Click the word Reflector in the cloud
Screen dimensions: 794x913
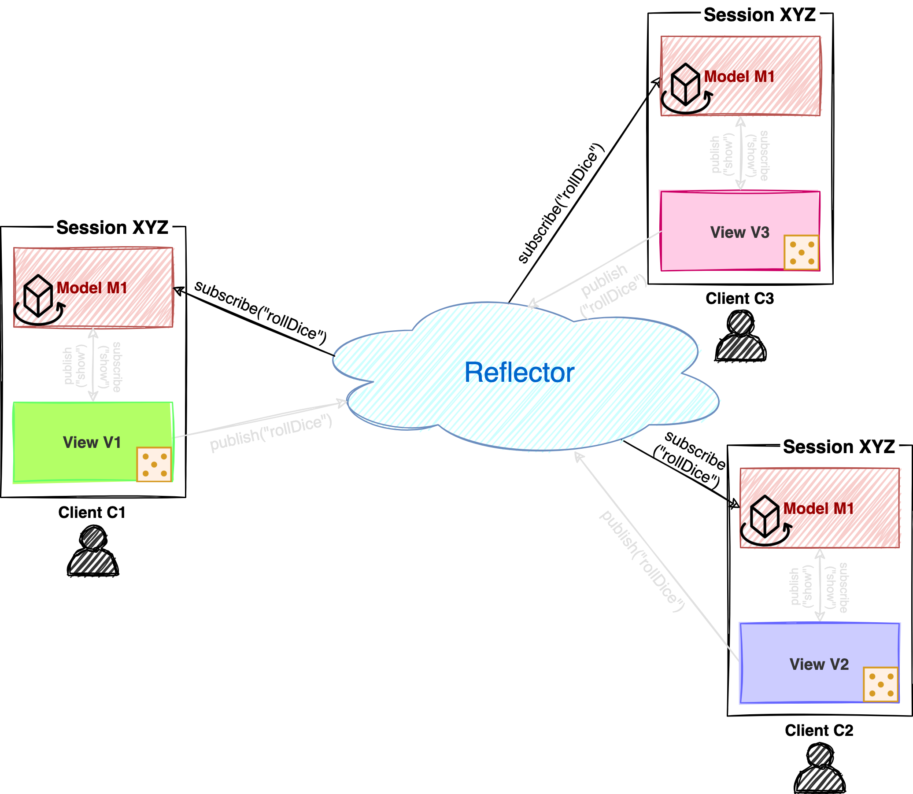pos(519,373)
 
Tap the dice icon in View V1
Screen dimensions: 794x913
pos(154,464)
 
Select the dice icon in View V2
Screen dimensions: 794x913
pos(881,684)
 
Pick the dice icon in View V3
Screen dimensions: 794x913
pos(801,252)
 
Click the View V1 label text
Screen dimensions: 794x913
pos(92,443)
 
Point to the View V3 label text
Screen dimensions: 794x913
pos(740,233)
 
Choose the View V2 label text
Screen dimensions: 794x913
pos(819,665)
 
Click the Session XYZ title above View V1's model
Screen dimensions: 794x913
pos(113,227)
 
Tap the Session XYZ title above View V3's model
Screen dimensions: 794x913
pos(760,15)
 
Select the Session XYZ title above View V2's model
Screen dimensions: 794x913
pos(839,446)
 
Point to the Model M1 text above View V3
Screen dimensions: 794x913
pos(739,77)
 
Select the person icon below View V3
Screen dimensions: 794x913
pos(741,338)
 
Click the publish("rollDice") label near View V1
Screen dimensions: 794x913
pos(271,433)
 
